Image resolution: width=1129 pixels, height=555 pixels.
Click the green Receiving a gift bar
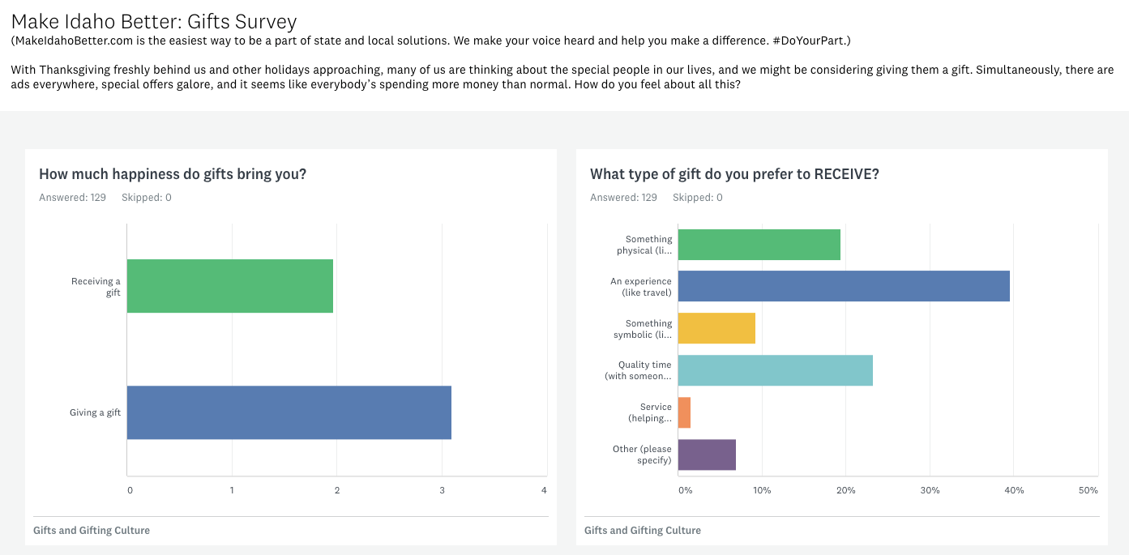click(230, 286)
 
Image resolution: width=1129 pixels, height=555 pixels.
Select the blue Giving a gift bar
click(289, 412)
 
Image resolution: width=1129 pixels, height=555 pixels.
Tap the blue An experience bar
click(844, 286)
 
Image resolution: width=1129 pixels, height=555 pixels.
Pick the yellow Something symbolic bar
click(716, 328)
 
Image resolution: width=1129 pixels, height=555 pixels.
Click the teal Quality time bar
click(775, 370)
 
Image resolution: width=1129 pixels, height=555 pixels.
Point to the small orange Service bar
click(684, 412)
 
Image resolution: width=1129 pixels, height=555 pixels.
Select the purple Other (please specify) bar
click(707, 455)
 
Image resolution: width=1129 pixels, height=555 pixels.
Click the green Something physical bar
click(759, 244)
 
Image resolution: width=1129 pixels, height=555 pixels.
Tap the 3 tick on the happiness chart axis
click(442, 490)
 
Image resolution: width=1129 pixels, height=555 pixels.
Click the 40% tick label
click(1014, 490)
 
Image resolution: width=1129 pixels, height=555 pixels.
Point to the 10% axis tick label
click(762, 490)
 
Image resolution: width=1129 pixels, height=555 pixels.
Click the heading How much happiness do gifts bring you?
click(173, 174)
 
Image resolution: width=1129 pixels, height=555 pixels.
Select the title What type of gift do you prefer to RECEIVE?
click(734, 174)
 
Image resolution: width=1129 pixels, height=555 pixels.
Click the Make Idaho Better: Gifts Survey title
click(154, 22)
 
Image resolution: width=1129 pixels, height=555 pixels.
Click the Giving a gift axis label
click(95, 412)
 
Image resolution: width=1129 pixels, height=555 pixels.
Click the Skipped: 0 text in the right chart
click(697, 198)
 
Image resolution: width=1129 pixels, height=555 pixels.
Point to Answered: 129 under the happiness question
click(72, 198)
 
